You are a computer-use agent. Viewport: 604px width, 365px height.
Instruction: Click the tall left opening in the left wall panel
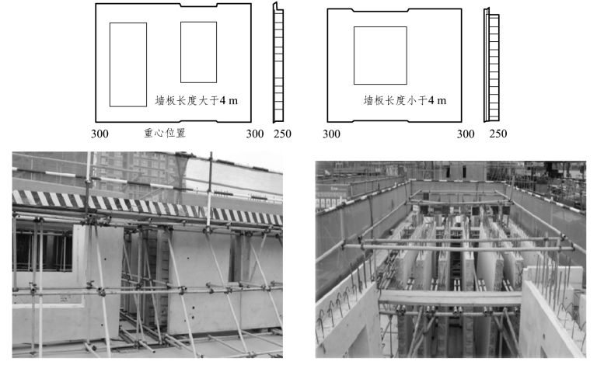point(127,64)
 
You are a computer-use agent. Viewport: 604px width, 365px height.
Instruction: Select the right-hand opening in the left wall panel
point(198,52)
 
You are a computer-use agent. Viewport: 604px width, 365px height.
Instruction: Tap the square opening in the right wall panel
point(379,55)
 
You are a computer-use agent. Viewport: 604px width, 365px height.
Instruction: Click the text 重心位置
point(165,133)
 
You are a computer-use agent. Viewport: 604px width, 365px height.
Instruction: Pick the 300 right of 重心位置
point(255,134)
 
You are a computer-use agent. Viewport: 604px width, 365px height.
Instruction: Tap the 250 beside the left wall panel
point(282,134)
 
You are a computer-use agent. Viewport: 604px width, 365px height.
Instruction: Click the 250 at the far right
point(498,134)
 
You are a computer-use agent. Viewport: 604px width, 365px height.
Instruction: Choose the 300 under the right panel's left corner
point(331,134)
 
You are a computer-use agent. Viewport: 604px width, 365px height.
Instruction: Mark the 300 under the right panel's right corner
point(465,134)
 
